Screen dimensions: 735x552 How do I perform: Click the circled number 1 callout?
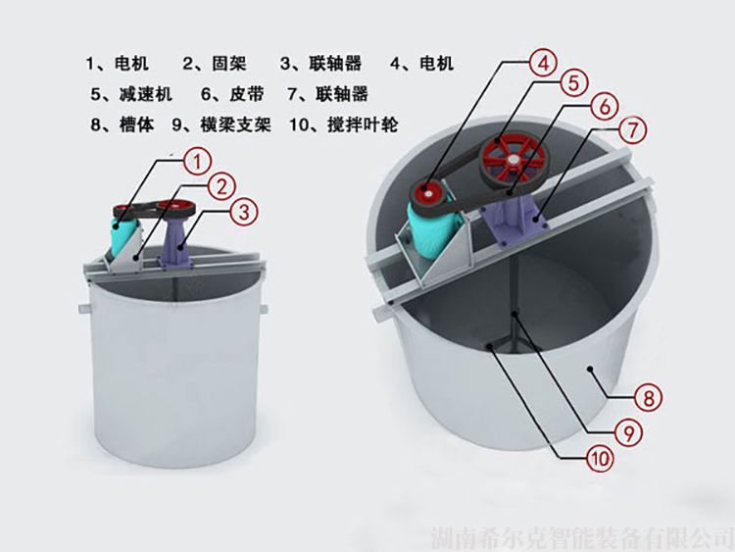[197, 162]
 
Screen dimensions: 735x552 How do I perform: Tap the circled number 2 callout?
[220, 186]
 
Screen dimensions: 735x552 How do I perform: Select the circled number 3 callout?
[244, 212]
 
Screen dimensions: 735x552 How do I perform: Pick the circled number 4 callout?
[543, 63]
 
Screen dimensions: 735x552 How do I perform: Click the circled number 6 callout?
[605, 107]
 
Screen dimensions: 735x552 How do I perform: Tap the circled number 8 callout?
[649, 398]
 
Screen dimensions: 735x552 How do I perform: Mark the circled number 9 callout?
[627, 432]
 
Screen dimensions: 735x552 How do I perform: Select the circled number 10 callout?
[600, 457]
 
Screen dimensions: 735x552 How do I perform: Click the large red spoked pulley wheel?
[514, 160]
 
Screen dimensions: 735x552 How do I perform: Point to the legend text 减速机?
[146, 94]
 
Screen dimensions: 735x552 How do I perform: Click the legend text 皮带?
[247, 94]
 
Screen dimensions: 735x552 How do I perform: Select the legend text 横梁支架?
[236, 125]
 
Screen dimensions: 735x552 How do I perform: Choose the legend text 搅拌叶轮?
[363, 125]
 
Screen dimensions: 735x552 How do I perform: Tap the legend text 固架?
[229, 63]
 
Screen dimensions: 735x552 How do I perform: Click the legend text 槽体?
[137, 125]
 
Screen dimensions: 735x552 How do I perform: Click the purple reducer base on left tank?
[177, 244]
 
